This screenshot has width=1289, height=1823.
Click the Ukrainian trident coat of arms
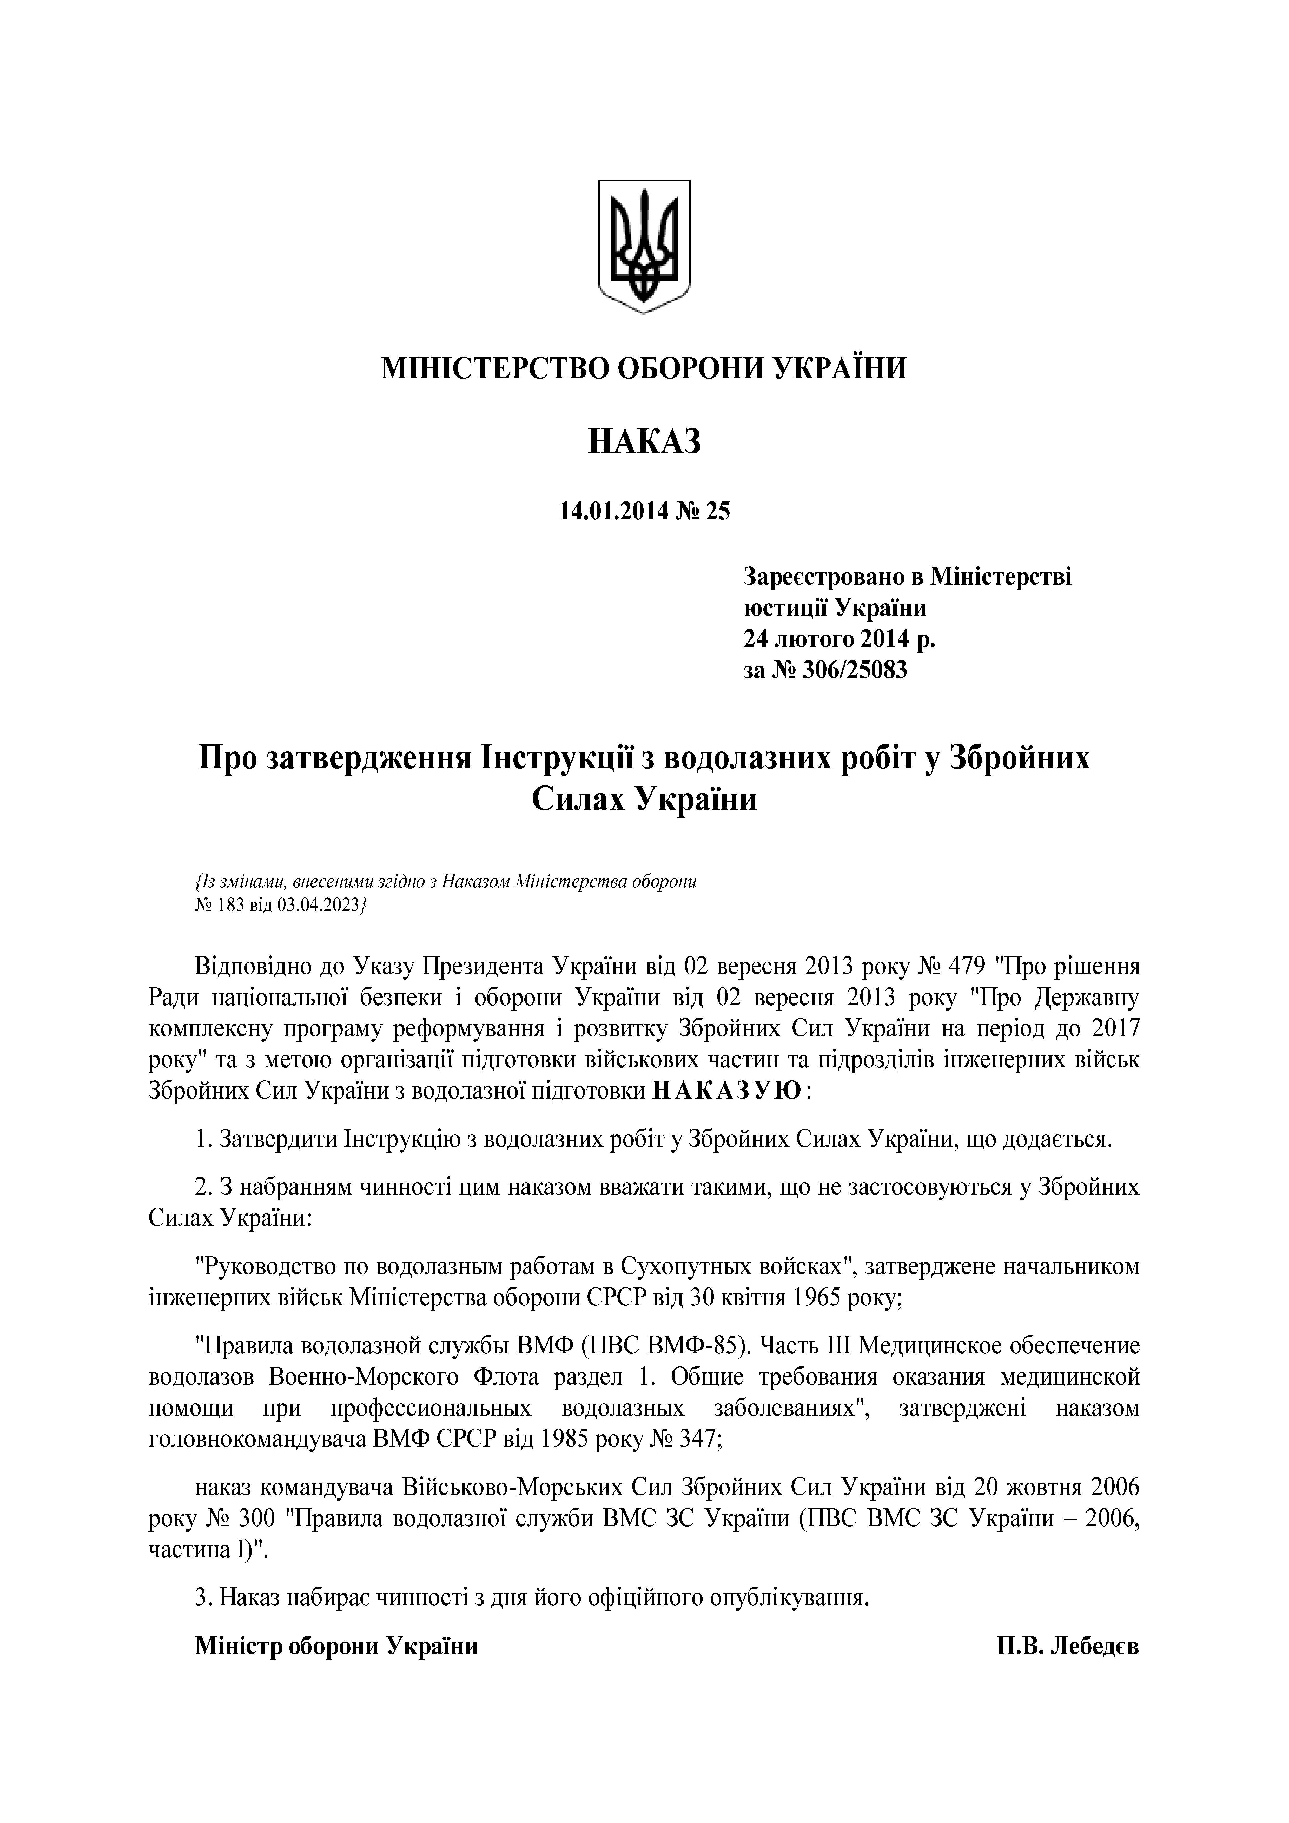click(x=644, y=246)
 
